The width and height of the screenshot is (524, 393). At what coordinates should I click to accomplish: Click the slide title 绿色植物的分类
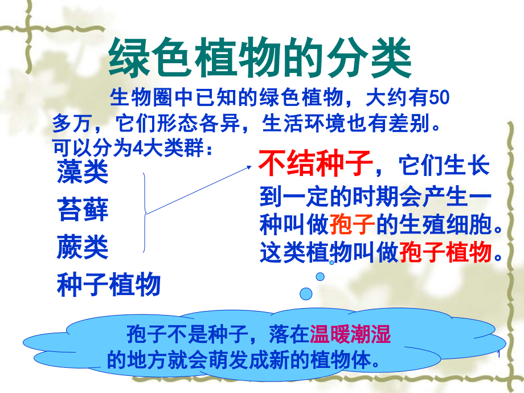[x=260, y=58]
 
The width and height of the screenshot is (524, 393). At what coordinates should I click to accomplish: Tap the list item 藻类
[x=83, y=172]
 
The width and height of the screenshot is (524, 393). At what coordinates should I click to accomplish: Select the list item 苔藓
[x=83, y=209]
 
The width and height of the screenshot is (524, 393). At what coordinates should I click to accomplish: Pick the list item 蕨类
[x=83, y=247]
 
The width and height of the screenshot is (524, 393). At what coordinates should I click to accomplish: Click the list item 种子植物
[x=109, y=284]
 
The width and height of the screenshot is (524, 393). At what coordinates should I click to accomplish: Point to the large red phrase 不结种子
[x=315, y=163]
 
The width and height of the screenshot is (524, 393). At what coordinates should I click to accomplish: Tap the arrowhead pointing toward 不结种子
[x=249, y=167]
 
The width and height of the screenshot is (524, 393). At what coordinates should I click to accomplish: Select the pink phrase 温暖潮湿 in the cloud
[x=350, y=334]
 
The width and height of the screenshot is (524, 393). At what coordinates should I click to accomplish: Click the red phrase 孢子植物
[x=445, y=252]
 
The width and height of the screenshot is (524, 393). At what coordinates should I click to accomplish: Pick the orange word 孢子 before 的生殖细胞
[x=352, y=224]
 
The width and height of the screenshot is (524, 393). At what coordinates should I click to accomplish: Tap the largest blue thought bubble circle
[x=306, y=294]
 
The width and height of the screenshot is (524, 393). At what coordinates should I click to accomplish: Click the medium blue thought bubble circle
[x=320, y=276]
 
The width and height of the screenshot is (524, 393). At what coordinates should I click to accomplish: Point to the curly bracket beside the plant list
[x=145, y=212]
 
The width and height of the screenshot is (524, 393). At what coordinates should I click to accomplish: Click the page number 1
[x=499, y=354]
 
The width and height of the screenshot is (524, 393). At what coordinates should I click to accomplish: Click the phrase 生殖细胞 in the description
[x=445, y=224]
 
